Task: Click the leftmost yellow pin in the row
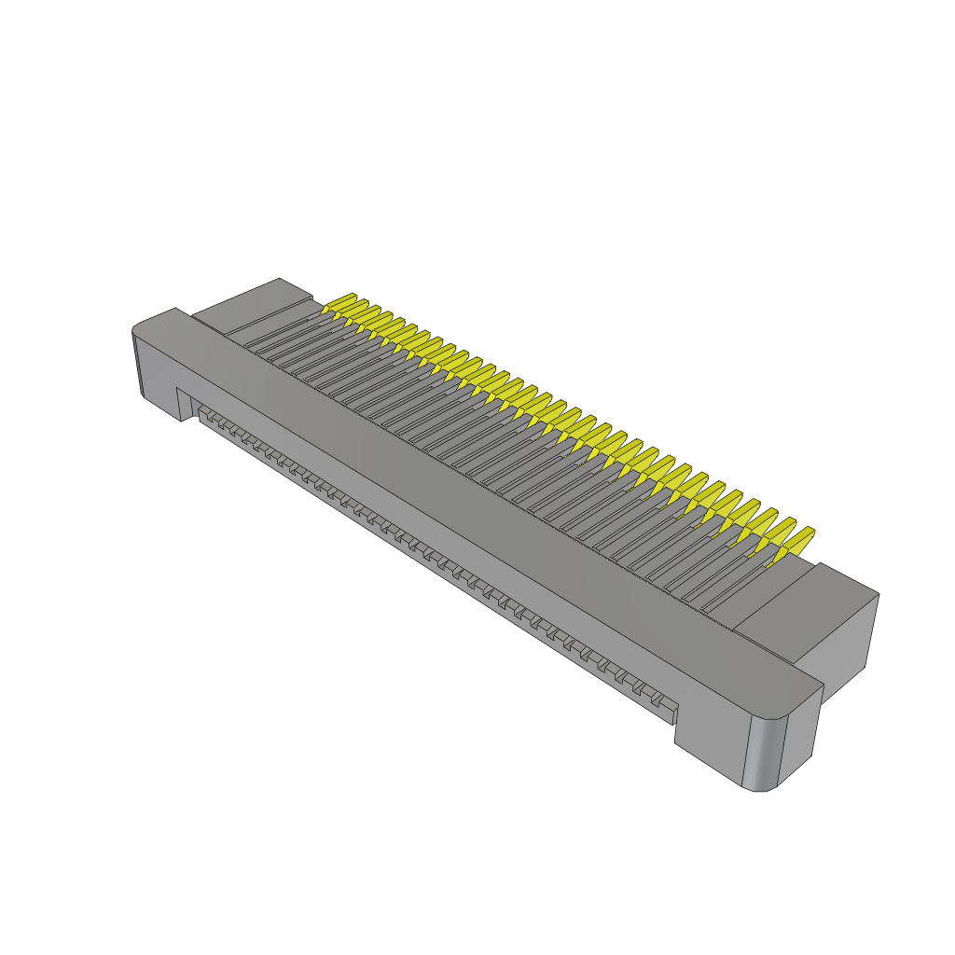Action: pos(340,303)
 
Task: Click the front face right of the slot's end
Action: pos(709,737)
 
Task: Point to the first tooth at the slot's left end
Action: pos(205,412)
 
